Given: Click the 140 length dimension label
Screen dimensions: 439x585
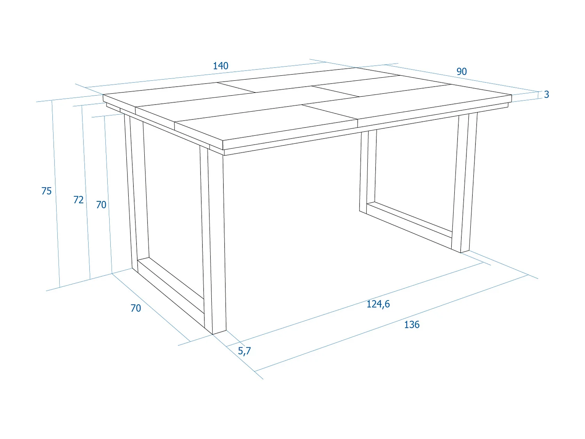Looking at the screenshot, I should (x=220, y=66).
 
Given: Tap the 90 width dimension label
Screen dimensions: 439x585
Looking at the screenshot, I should (x=461, y=71).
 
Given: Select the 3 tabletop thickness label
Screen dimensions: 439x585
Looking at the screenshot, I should (x=546, y=94).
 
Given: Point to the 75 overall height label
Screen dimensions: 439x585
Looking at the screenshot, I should (x=46, y=191).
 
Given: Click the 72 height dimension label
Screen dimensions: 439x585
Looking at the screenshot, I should (x=78, y=200).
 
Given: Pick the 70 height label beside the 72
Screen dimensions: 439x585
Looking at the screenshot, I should (x=101, y=205).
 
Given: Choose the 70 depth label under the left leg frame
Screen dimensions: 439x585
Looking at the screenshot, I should (x=136, y=308).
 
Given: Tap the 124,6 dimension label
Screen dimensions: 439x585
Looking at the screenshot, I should (x=378, y=304).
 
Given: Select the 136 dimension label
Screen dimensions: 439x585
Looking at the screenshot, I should (x=411, y=325).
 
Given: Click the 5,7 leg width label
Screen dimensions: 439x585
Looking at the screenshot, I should (x=244, y=351).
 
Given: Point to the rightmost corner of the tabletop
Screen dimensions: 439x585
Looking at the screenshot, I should (x=511, y=95).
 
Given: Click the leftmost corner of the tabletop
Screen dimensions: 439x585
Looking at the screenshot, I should (x=103, y=95).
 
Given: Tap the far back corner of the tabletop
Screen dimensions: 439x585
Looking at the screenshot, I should (x=356, y=68).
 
